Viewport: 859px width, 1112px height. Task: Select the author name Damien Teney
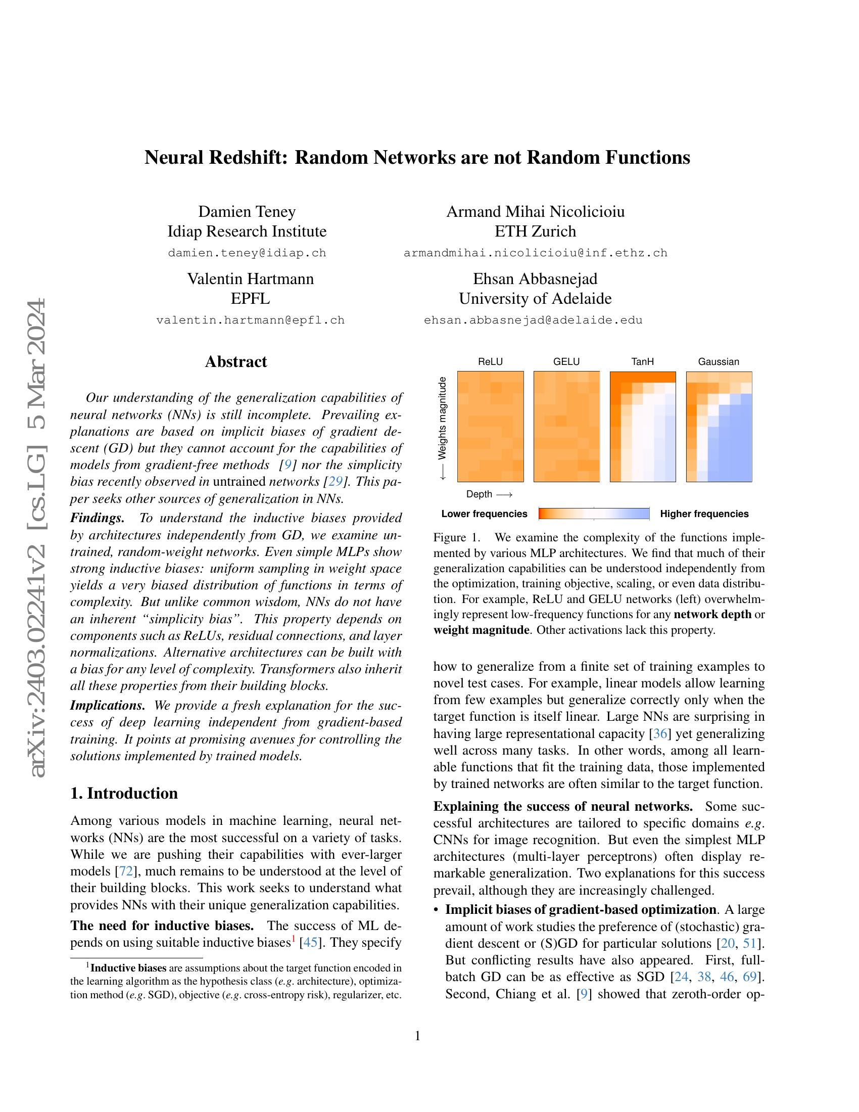click(x=247, y=211)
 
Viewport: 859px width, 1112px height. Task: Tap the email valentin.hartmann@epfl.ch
click(x=250, y=320)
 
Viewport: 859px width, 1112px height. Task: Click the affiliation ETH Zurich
click(x=535, y=231)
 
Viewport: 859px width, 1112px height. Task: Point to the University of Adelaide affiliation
click(x=535, y=298)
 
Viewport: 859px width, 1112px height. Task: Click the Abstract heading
click(x=235, y=361)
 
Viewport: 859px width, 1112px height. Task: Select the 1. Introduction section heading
click(x=124, y=793)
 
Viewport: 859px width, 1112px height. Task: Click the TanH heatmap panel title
click(x=642, y=362)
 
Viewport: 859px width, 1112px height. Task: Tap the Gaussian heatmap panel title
click(x=718, y=362)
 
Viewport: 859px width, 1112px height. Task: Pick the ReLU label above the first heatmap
click(x=490, y=362)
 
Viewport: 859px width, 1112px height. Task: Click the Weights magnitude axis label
click(x=443, y=418)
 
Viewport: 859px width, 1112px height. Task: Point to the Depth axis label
click(x=480, y=494)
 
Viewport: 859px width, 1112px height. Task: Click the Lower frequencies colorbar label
click(x=484, y=514)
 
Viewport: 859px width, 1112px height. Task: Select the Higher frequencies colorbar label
click(x=704, y=514)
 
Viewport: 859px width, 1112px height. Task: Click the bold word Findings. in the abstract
click(x=97, y=518)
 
